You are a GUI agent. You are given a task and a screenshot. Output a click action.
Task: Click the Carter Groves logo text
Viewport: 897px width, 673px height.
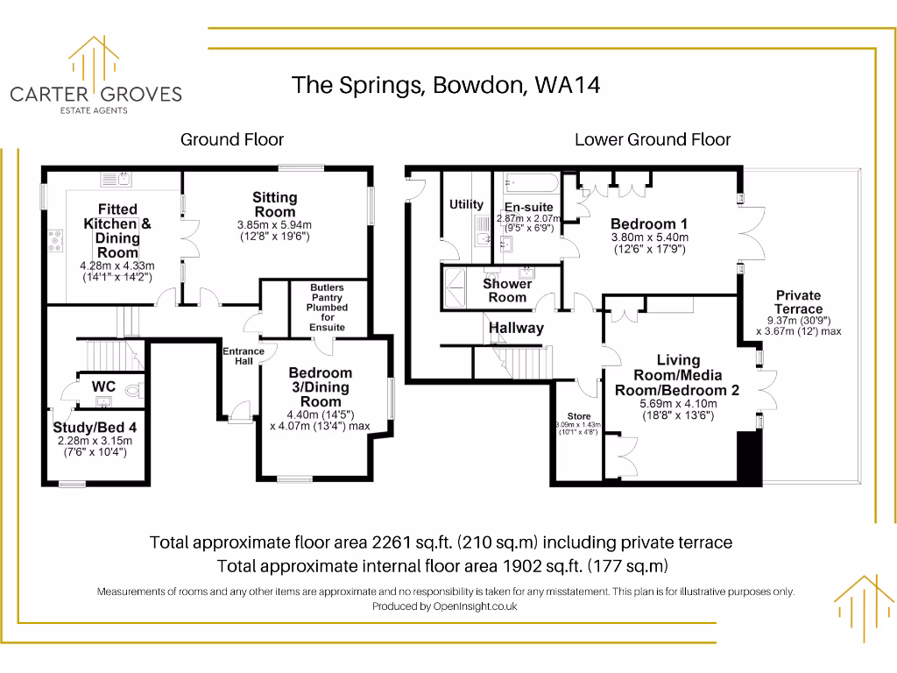coord(95,94)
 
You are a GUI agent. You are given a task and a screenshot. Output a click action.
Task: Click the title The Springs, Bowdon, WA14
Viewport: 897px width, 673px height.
coord(446,85)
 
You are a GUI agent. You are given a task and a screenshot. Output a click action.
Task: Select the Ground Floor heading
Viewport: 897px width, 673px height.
coord(232,139)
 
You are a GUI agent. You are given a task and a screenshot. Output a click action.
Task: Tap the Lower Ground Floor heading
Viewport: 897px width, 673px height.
coord(653,139)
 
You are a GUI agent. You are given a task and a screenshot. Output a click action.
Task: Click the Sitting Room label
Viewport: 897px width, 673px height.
coord(275,205)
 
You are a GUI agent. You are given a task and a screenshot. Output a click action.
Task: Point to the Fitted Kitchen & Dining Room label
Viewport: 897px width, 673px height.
coord(117,230)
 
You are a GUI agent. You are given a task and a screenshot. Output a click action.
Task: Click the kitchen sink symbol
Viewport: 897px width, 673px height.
coord(117,180)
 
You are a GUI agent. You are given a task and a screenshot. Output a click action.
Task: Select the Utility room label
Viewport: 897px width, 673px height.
coord(466,204)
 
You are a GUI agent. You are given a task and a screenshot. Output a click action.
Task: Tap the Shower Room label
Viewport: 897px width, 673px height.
coord(507,290)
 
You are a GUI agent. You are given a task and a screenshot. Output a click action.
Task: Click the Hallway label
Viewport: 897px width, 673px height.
coord(516,328)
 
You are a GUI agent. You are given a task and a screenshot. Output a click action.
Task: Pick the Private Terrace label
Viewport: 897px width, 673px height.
coord(798,302)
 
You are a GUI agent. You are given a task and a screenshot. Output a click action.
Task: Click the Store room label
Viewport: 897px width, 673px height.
coord(579,416)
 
